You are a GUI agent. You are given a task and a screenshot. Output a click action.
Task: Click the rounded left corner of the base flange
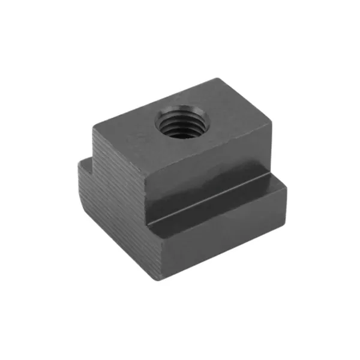coord(79,192)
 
